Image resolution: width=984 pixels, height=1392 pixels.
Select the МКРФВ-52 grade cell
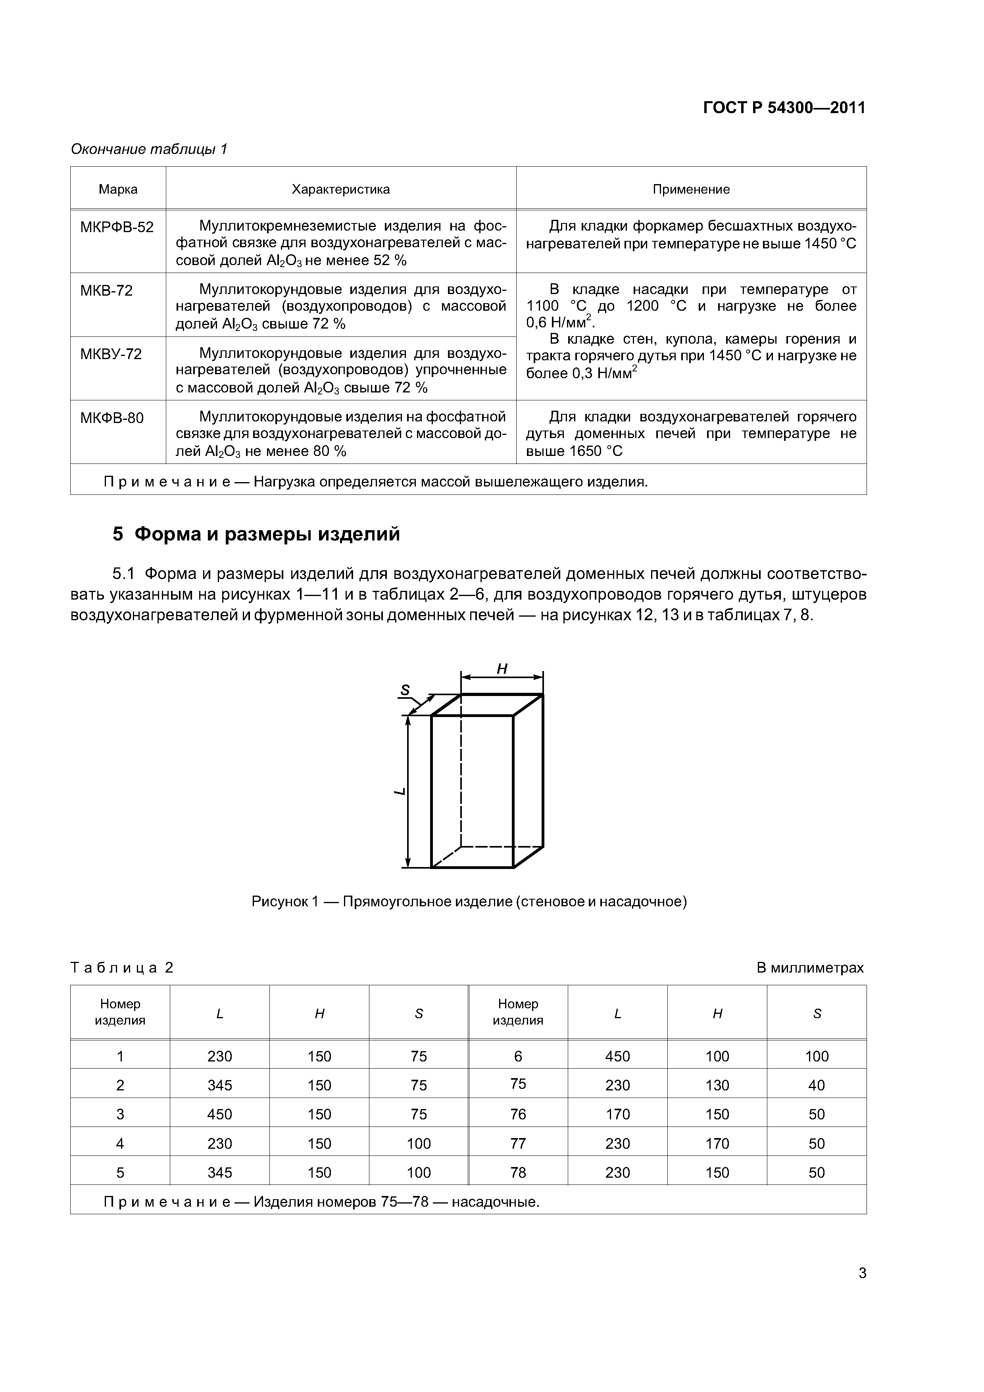[x=117, y=227]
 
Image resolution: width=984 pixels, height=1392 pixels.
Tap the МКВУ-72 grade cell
[x=111, y=354]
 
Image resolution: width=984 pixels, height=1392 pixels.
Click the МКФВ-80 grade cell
[x=112, y=418]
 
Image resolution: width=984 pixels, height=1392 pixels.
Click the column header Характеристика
[x=341, y=189]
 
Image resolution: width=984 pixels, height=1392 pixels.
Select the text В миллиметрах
[x=809, y=967]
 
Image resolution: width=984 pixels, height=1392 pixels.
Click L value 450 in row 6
[x=617, y=1056]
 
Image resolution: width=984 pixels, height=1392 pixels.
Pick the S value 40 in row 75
[x=816, y=1085]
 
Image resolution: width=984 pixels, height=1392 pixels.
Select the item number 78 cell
[x=518, y=1173]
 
